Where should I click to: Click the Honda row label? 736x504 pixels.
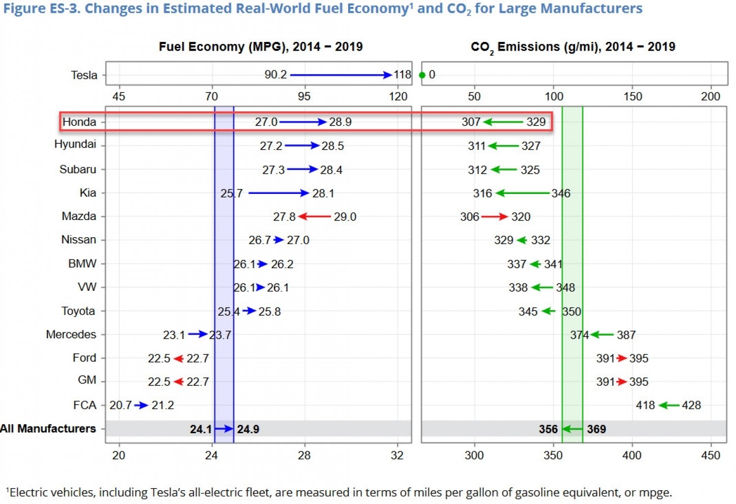(79, 122)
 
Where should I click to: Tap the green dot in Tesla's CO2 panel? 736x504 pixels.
(422, 75)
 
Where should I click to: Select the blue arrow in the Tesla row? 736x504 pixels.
(341, 75)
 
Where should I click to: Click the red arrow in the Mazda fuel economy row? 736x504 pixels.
(315, 217)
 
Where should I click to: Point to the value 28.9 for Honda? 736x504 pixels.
(340, 122)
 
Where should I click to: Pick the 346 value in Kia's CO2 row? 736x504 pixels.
(561, 193)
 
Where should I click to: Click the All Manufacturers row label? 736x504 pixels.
(48, 429)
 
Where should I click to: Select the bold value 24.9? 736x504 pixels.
(248, 429)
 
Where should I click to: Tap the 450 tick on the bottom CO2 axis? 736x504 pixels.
(710, 455)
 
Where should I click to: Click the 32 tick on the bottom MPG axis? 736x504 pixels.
(397, 455)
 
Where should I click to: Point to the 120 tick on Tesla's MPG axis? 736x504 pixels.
(398, 96)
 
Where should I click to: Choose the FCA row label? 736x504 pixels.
(85, 405)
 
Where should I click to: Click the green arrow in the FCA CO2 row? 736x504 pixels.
(669, 405)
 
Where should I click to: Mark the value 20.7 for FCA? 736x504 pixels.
(121, 405)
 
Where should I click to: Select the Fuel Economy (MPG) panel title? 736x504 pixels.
(260, 47)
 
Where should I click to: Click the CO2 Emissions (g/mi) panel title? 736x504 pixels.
(573, 47)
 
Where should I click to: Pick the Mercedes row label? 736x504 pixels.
(71, 335)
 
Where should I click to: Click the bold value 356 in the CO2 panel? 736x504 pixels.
(548, 429)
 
